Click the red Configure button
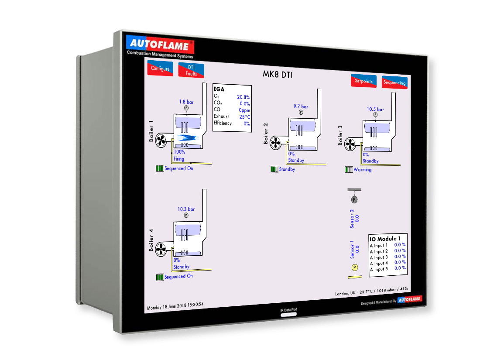(x=160, y=69)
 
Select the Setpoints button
(x=363, y=81)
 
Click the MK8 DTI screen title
(x=278, y=75)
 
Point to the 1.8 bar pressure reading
(x=186, y=102)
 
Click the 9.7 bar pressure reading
(x=301, y=106)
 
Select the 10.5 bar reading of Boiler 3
(x=375, y=110)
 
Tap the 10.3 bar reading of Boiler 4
(x=186, y=209)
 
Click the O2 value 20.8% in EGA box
(x=243, y=97)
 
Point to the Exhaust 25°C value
(x=244, y=117)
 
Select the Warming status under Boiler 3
(x=362, y=170)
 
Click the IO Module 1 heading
(x=383, y=239)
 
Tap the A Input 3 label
(x=378, y=257)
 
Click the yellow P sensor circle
(x=354, y=267)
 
